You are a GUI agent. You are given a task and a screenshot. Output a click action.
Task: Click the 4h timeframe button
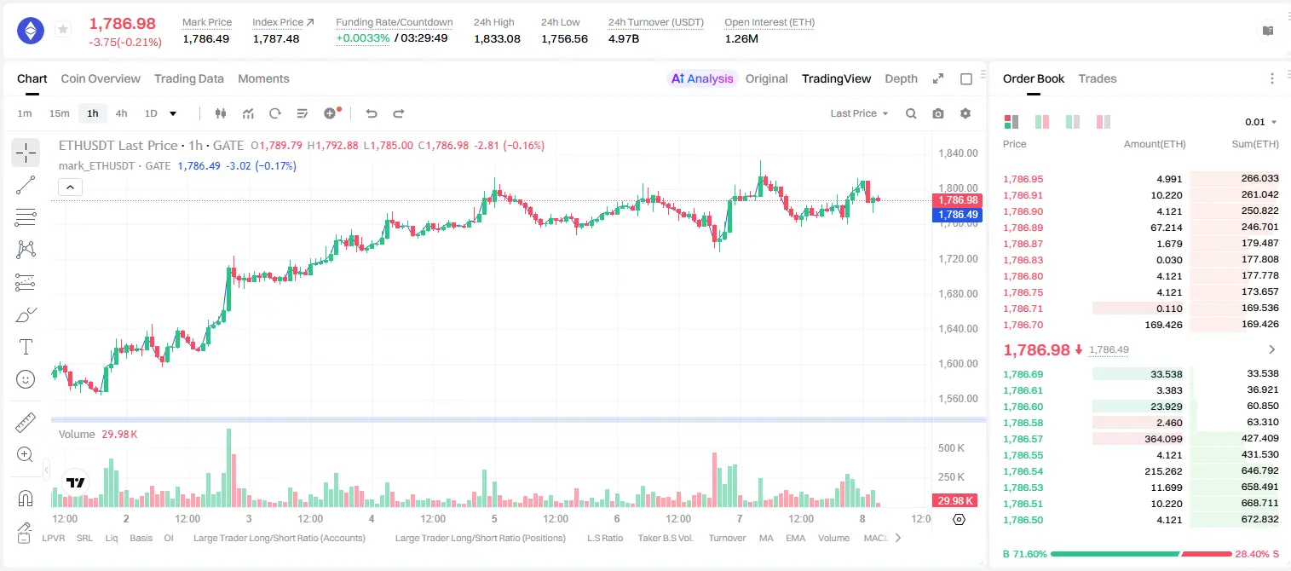point(121,113)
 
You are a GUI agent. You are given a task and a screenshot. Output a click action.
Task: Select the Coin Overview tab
point(101,78)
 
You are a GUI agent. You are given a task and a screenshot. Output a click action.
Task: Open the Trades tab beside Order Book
point(1098,78)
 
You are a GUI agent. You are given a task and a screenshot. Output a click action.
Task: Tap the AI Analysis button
point(702,78)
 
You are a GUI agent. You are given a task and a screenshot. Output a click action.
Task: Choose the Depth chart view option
point(901,78)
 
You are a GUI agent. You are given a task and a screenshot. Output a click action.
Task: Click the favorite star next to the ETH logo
point(63,29)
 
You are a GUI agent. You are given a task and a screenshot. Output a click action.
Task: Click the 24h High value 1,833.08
point(497,38)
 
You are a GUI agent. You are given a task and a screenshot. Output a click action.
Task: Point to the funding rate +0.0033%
point(362,38)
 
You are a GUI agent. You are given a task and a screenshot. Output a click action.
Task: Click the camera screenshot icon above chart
point(938,113)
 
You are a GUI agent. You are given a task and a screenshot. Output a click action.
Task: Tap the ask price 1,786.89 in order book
point(1023,228)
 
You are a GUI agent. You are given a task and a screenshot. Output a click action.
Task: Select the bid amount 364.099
point(1163,439)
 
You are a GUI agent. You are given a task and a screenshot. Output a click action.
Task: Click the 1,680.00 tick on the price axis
point(958,294)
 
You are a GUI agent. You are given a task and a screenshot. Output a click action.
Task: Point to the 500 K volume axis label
point(951,448)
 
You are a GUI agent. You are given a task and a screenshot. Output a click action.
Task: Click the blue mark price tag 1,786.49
point(957,215)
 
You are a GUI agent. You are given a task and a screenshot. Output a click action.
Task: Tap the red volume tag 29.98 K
point(954,501)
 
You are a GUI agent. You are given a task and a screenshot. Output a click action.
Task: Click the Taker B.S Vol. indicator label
point(665,538)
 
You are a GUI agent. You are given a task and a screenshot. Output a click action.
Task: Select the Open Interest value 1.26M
point(741,38)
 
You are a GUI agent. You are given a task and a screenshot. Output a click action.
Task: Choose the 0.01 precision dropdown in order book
point(1261,122)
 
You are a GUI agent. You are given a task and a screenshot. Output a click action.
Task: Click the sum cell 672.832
point(1259,519)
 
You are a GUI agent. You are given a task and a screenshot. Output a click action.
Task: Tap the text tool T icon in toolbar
point(26,348)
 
